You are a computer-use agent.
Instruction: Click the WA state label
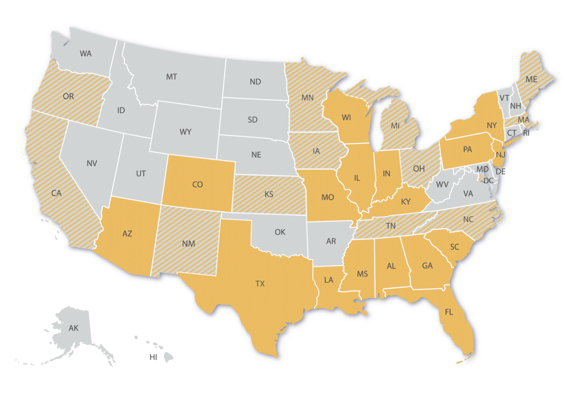click(x=86, y=54)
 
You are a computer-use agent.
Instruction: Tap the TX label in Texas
click(x=260, y=284)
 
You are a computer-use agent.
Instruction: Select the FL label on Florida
click(x=449, y=312)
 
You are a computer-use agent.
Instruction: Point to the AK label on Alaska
click(x=74, y=328)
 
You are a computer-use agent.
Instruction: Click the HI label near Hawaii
click(x=153, y=357)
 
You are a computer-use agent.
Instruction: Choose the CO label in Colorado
click(x=198, y=184)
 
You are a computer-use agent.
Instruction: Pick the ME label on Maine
click(x=531, y=80)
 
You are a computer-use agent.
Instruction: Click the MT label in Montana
click(x=172, y=77)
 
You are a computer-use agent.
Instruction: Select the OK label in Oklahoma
click(x=280, y=232)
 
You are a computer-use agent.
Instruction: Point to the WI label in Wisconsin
click(x=346, y=118)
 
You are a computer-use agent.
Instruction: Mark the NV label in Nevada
click(x=91, y=163)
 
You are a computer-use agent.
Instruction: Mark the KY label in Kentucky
click(x=405, y=202)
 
